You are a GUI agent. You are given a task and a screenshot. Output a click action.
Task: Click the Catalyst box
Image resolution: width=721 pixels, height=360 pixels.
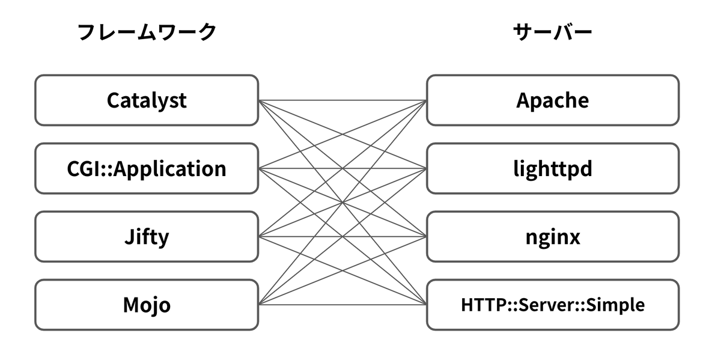(x=147, y=100)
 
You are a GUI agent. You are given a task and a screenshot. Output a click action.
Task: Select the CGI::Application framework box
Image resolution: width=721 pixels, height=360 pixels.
(x=147, y=168)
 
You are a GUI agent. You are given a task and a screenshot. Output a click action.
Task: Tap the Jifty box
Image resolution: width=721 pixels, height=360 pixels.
(x=147, y=236)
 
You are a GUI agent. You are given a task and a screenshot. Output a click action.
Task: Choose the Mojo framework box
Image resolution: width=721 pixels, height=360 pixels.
(x=147, y=305)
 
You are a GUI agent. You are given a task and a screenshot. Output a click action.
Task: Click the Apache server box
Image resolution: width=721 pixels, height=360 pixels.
(x=553, y=100)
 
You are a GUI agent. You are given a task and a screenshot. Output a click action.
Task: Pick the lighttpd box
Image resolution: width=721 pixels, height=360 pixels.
(x=553, y=168)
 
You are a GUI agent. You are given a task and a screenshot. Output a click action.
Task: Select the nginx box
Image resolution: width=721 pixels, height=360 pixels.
(x=553, y=236)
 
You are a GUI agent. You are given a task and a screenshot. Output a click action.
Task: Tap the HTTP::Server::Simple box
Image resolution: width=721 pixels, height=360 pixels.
(x=553, y=305)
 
